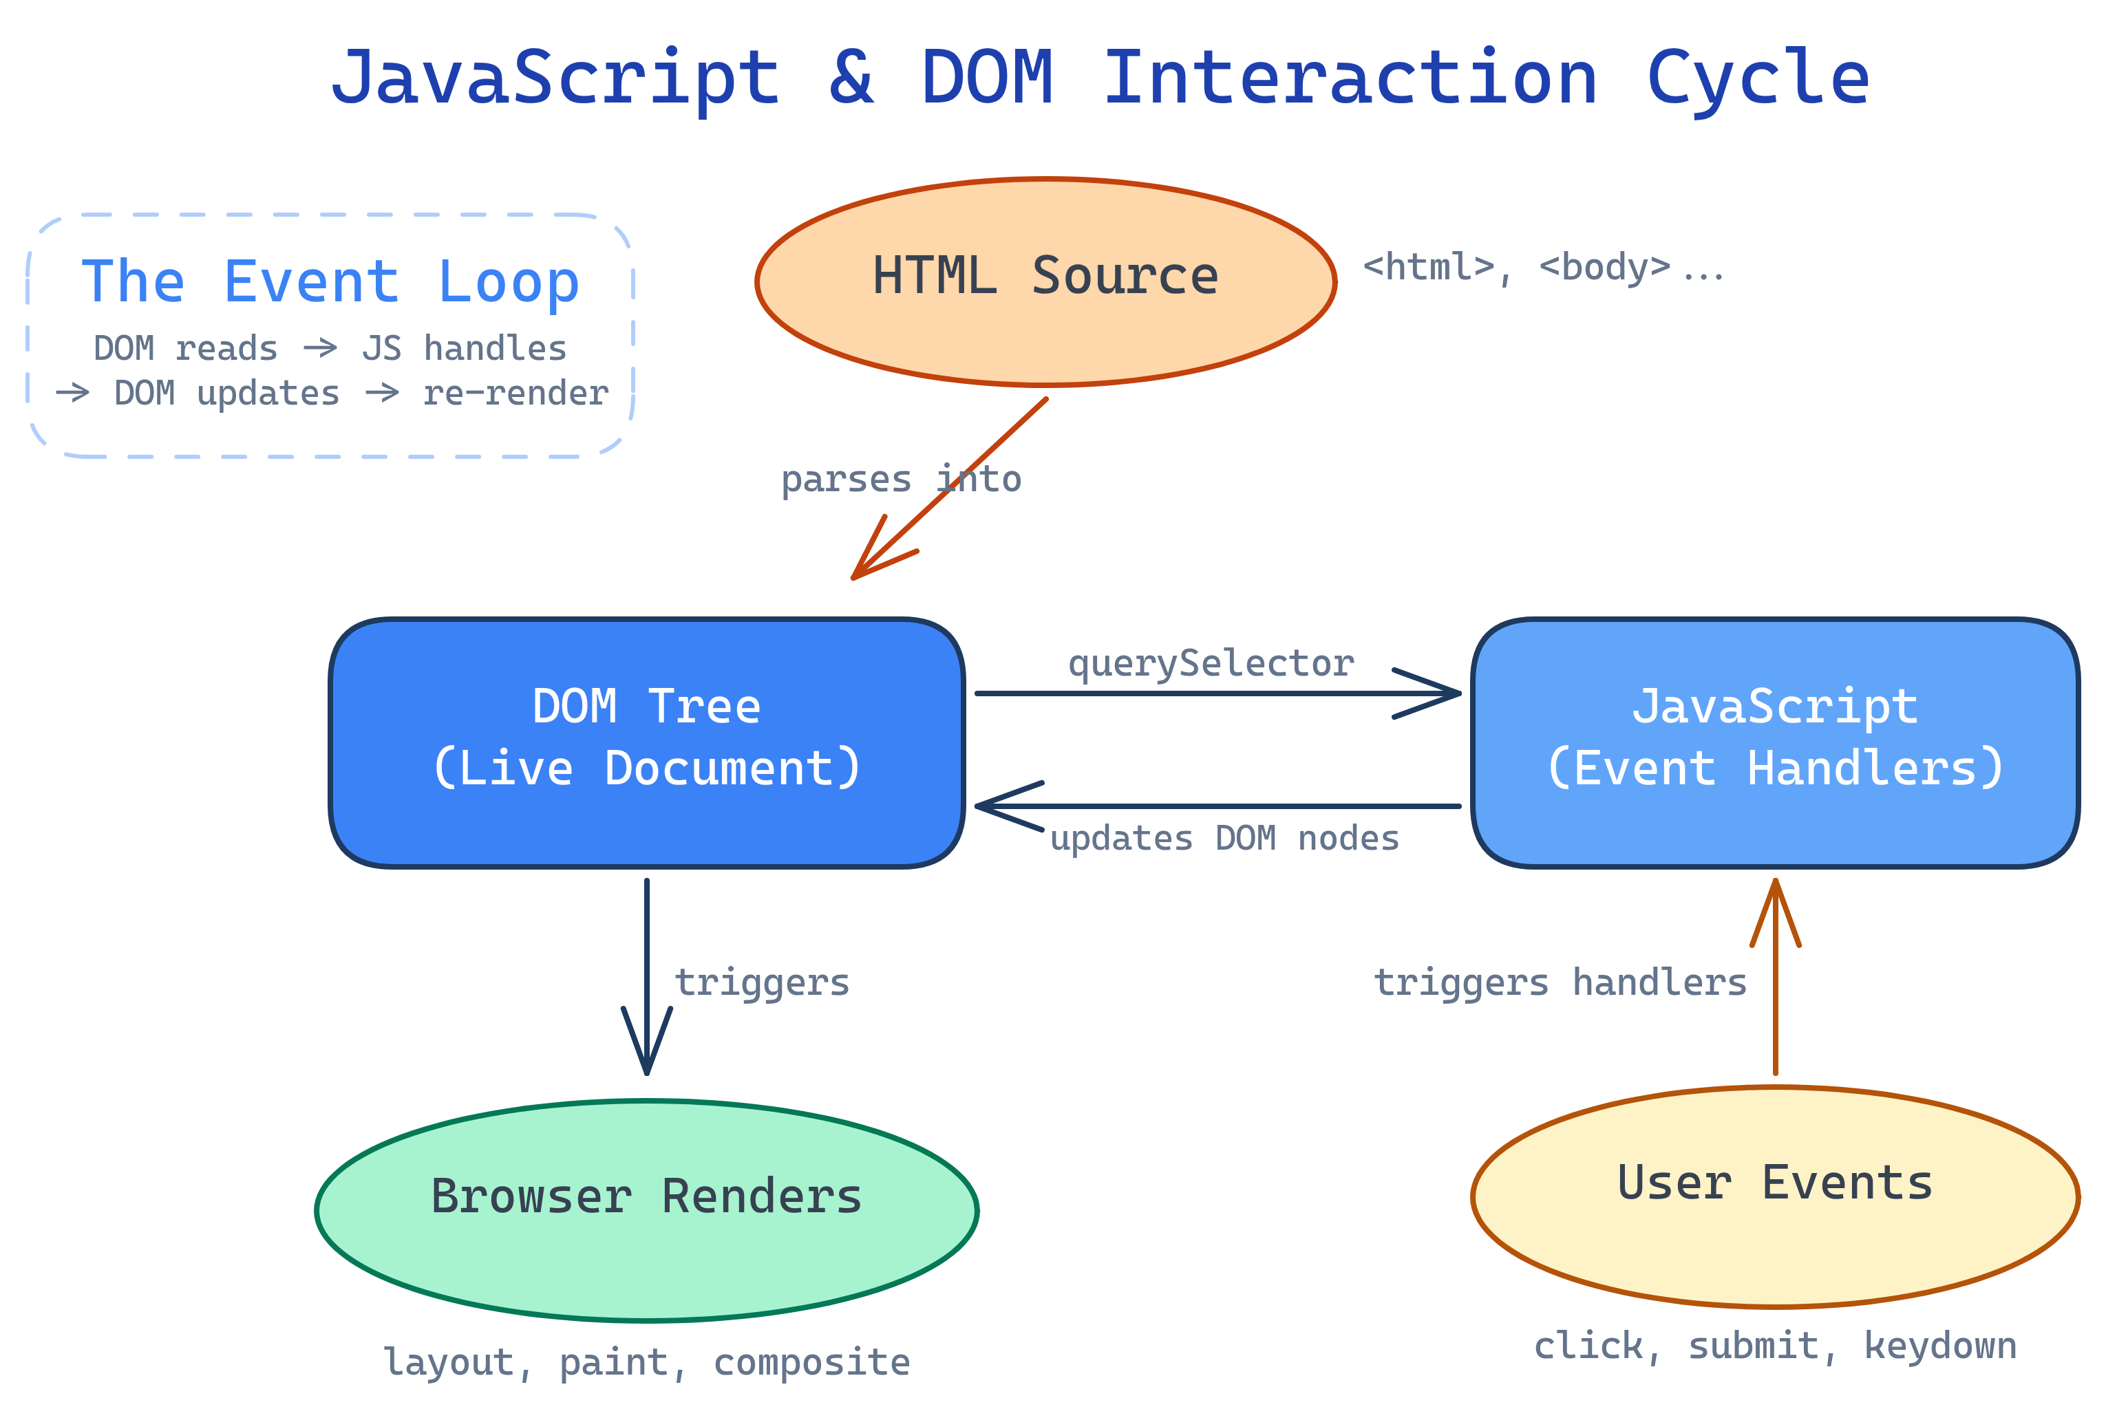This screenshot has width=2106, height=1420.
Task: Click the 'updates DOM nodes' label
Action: (1224, 838)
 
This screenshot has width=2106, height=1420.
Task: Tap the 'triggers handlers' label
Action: (1559, 982)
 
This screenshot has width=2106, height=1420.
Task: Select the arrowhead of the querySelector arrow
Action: (1445, 693)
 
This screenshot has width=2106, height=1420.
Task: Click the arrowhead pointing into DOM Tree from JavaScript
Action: (992, 805)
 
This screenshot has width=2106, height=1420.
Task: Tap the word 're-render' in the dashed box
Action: (515, 393)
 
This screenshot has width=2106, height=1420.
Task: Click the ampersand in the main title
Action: (851, 78)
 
